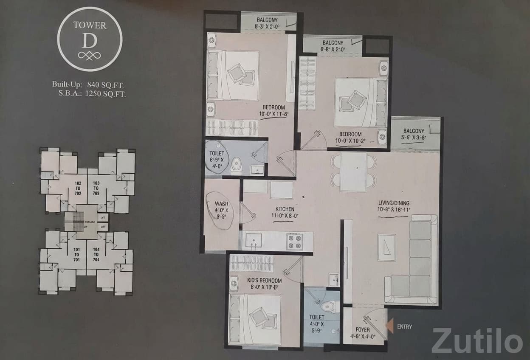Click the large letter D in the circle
pyautogui.click(x=90, y=41)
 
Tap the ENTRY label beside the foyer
pyautogui.click(x=405, y=327)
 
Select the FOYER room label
pyautogui.click(x=363, y=330)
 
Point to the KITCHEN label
pyautogui.click(x=285, y=209)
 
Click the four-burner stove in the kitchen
pyautogui.click(x=294, y=242)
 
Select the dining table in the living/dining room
pyautogui.click(x=353, y=172)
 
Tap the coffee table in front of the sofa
pyautogui.click(x=387, y=247)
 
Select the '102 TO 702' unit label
pyautogui.click(x=77, y=188)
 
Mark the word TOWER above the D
pyautogui.click(x=90, y=25)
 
